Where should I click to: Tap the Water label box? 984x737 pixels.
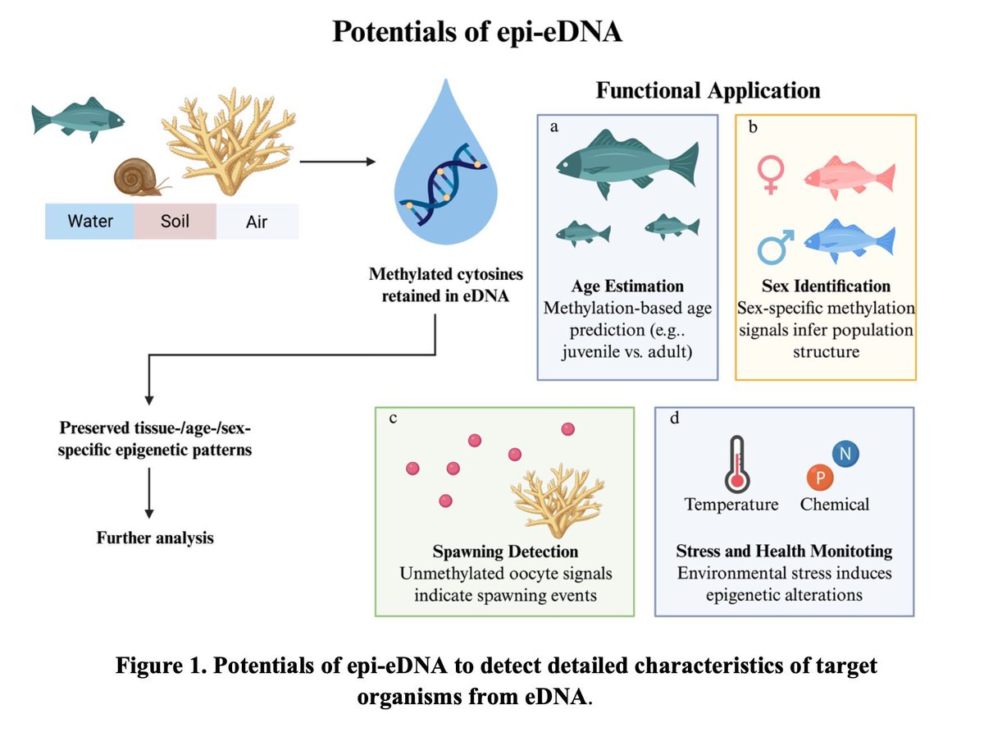[x=90, y=222]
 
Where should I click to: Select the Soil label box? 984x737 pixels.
[x=175, y=222]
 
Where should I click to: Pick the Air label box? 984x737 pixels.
[x=257, y=222]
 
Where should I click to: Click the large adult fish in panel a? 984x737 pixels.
[x=627, y=160]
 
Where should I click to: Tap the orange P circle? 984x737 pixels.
[x=819, y=477]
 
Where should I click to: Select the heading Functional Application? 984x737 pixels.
[x=708, y=90]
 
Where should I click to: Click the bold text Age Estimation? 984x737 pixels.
[x=627, y=286]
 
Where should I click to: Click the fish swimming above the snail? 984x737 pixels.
[x=77, y=118]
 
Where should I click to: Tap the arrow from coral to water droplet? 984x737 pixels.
[x=332, y=162]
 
